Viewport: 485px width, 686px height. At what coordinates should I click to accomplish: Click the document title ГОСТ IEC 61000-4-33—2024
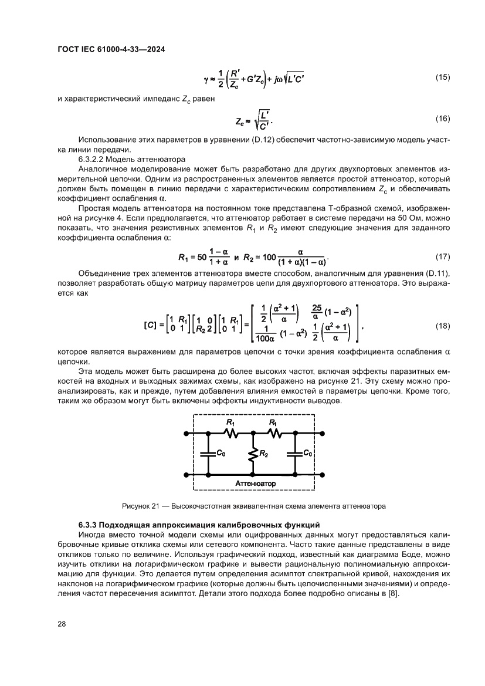pos(111,50)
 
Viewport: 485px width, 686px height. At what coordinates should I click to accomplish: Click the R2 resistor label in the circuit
pos(264,454)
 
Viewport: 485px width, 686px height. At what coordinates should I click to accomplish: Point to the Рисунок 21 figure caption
pos(253,505)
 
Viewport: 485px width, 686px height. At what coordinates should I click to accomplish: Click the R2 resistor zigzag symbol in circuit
pos(252,454)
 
